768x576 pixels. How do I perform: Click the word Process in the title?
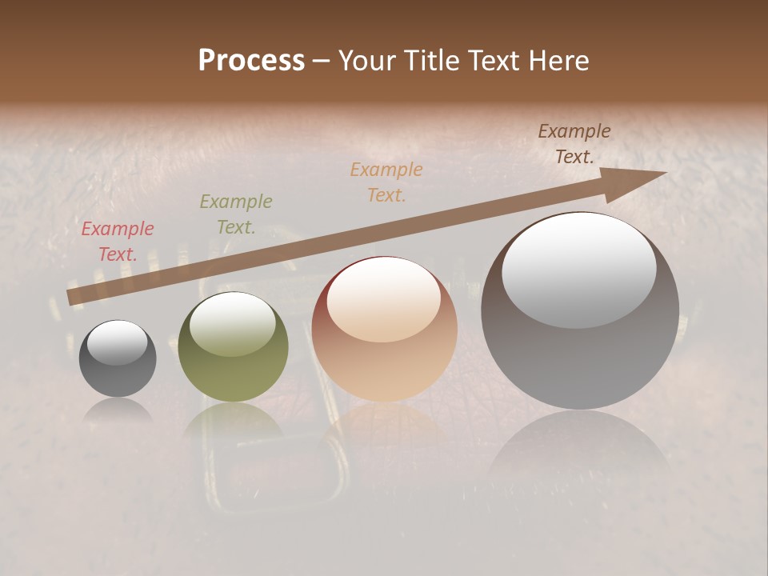(x=251, y=61)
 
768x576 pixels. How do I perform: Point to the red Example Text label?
(x=118, y=242)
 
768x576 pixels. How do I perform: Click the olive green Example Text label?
(x=236, y=214)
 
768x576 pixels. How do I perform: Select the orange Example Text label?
(x=386, y=182)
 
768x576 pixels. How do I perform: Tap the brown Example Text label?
(x=574, y=144)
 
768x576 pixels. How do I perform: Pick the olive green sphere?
(x=233, y=352)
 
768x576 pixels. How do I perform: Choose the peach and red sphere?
(x=385, y=336)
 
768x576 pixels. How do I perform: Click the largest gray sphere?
(x=580, y=320)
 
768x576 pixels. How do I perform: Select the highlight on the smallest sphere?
(x=118, y=342)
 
